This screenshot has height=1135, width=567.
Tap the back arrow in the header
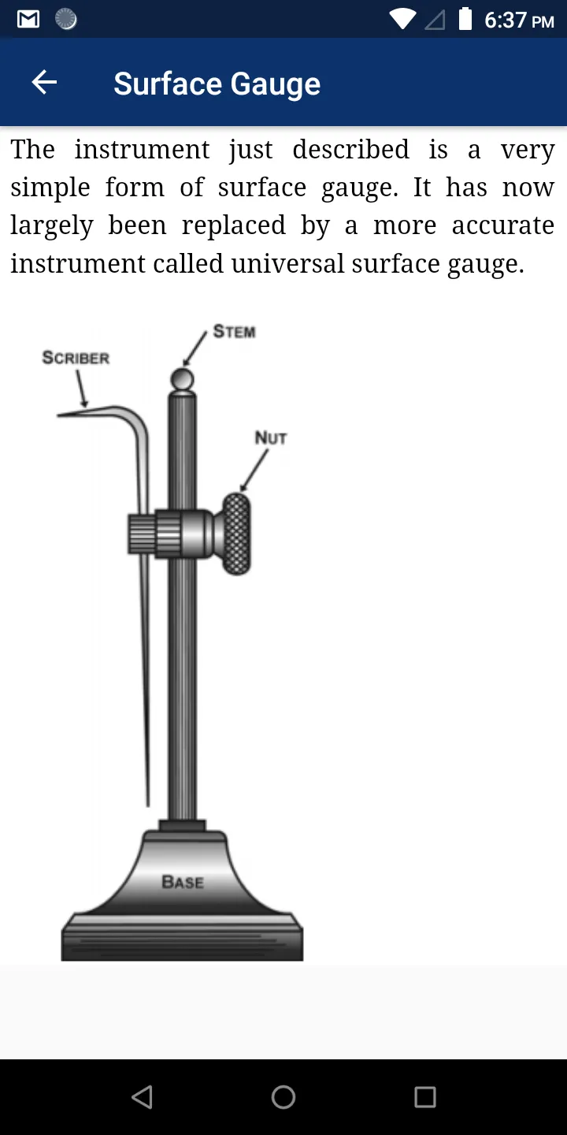point(44,82)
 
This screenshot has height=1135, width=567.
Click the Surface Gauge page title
point(217,84)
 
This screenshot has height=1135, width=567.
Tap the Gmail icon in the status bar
point(28,19)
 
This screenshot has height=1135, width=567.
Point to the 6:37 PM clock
point(519,20)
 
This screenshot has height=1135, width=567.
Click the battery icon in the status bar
point(465,19)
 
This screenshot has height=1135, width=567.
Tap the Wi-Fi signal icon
point(402,19)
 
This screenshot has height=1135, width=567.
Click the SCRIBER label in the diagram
point(76,358)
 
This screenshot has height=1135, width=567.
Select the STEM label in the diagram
point(235,331)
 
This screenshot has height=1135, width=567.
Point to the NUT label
point(271,437)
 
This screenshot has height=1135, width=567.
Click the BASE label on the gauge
point(183,882)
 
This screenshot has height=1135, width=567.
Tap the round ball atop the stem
point(182,379)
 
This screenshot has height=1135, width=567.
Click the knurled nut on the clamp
point(236,534)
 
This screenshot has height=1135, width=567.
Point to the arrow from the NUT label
point(254,471)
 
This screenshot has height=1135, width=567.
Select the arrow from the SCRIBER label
point(82,388)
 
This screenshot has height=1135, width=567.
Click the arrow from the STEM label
point(195,348)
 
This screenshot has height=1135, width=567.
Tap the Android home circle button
point(283,1097)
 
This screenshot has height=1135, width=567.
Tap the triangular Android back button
point(143,1097)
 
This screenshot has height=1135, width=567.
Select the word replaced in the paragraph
point(233,226)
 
